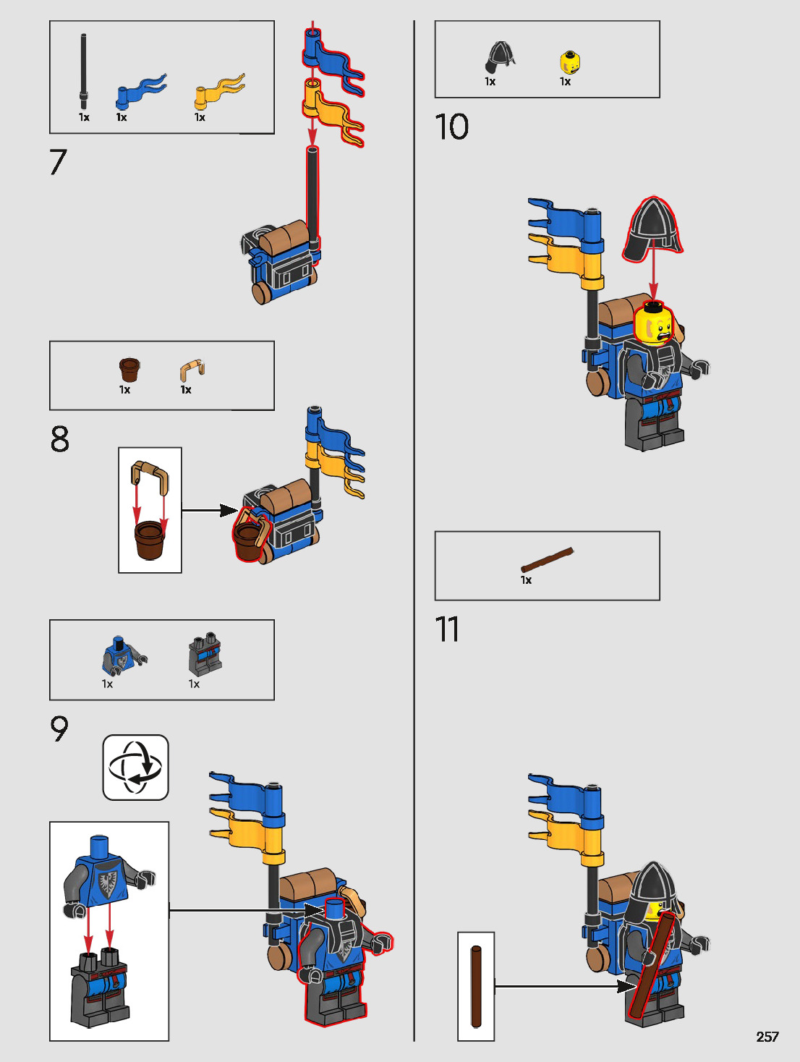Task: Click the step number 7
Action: pos(59,162)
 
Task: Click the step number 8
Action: pos(60,439)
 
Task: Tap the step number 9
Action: pos(59,728)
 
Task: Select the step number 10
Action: pos(451,127)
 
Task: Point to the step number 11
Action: pos(447,629)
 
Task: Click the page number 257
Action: pos(767,1037)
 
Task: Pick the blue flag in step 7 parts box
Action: pos(140,91)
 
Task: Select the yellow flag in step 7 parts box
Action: pos(218,91)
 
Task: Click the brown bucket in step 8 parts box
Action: pos(129,370)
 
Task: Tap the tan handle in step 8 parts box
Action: pos(192,370)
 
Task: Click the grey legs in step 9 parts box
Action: pos(205,655)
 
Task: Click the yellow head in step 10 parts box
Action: pos(570,63)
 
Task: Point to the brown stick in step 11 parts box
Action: pos(548,559)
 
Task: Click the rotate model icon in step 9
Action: pos(136,768)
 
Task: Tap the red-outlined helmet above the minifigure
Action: pos(652,230)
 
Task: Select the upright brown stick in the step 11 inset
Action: pos(476,986)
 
